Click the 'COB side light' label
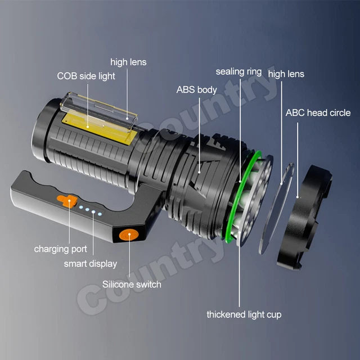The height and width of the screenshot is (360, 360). coord(86,76)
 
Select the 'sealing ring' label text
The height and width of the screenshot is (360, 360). coord(239,71)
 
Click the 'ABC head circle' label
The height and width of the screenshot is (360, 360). coord(318,112)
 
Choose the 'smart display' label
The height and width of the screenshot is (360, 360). coord(91,263)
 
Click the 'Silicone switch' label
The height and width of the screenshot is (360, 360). coord(132,284)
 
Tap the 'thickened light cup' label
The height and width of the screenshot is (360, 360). coord(244,314)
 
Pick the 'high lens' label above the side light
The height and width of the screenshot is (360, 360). coord(128,62)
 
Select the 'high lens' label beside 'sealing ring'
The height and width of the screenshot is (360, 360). coord(286,74)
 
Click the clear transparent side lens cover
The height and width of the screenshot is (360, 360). coord(97,110)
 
